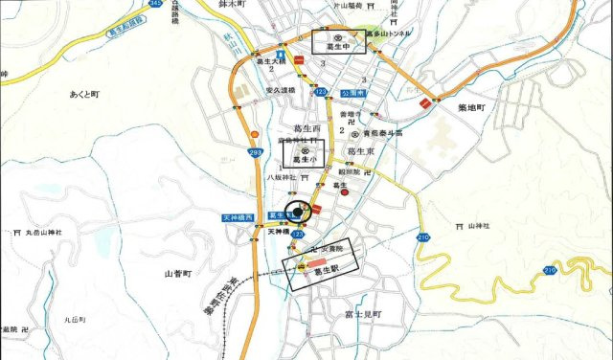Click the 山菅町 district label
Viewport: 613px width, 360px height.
[x=178, y=273]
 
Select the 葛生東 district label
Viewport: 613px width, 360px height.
[x=365, y=151]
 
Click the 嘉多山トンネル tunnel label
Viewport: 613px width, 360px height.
[x=393, y=34]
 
